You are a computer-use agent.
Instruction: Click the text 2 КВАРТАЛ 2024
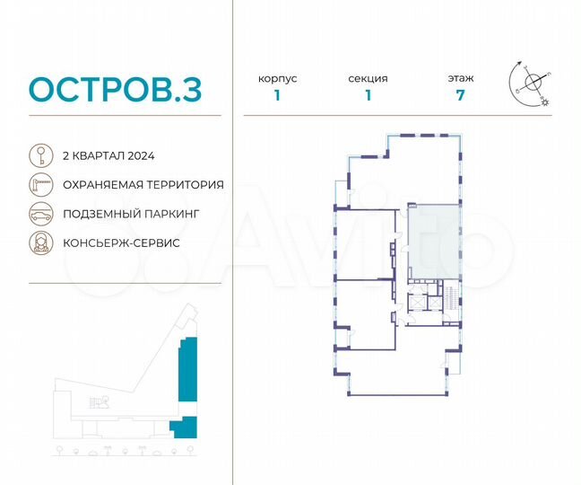108,154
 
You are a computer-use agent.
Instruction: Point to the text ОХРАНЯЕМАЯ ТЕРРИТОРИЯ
143,184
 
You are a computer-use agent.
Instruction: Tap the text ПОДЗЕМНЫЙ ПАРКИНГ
130,214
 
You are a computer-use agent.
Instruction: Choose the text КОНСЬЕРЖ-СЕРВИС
121,243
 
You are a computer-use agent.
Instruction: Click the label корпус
277,78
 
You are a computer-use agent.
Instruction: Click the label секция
368,78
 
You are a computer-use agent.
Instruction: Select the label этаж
461,78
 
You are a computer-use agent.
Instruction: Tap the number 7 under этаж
461,97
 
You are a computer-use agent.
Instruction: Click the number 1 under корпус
277,97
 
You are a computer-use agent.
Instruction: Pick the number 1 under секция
368,97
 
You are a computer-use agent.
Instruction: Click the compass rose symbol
533,83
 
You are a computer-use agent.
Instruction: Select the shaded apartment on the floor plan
434,241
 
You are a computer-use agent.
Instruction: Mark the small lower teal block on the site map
184,426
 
